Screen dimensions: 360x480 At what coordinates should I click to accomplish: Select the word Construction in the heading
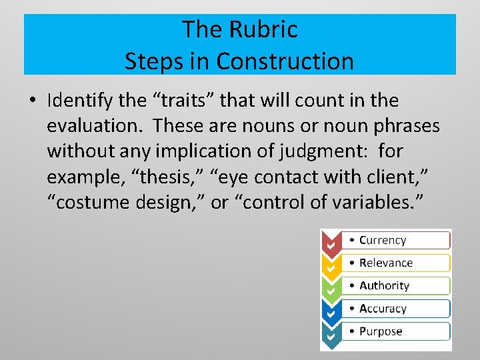click(285, 61)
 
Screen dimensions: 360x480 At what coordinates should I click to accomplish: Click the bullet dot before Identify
click(33, 101)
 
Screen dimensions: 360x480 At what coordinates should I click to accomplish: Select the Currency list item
click(382, 240)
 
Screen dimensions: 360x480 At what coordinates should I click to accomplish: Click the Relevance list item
click(385, 263)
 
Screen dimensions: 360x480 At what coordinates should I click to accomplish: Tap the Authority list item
click(384, 285)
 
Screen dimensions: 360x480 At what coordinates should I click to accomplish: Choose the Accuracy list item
click(382, 309)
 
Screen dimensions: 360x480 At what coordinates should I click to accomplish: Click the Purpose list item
click(381, 331)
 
